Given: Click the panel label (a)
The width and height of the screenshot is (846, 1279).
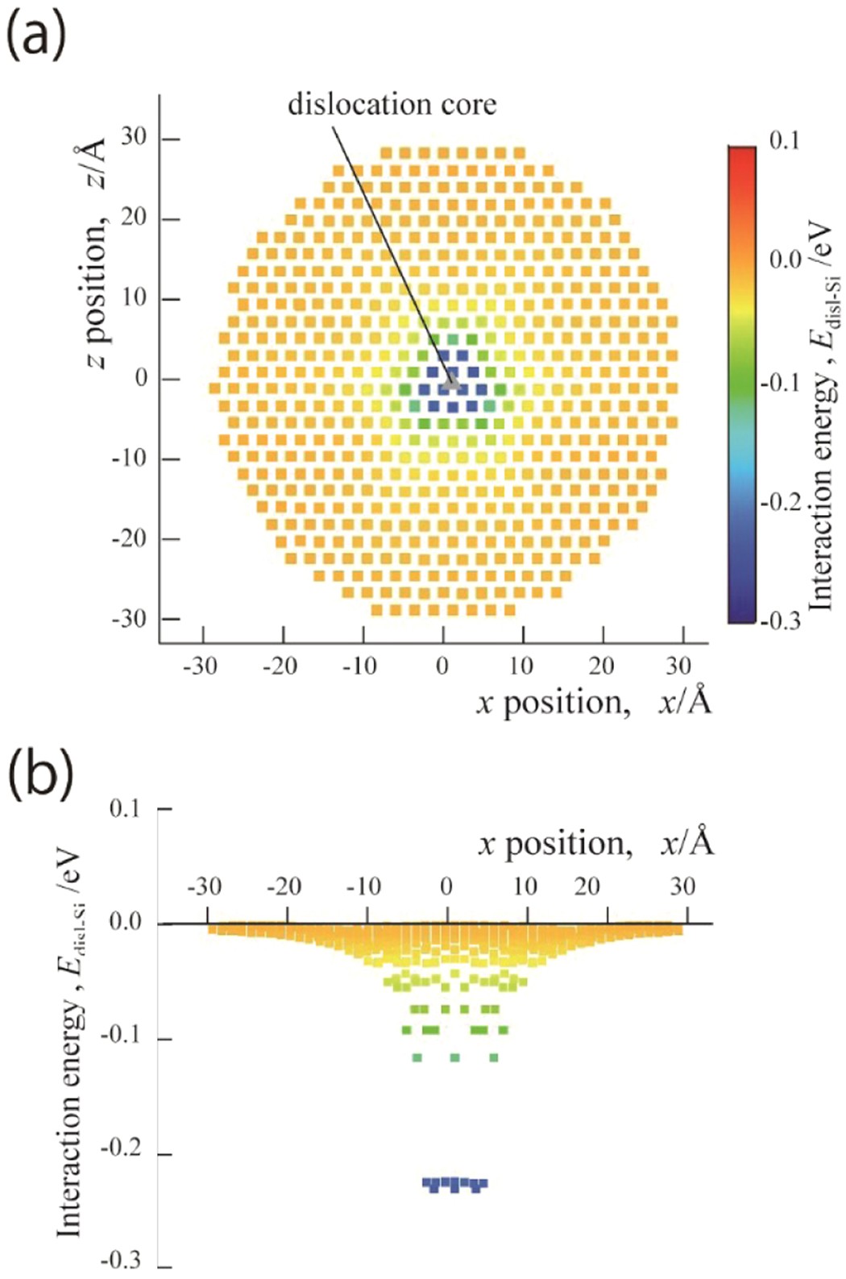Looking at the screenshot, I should (35, 37).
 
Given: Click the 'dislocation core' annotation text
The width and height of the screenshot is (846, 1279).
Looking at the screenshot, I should (392, 104).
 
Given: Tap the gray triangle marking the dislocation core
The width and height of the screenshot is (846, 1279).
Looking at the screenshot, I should (452, 384).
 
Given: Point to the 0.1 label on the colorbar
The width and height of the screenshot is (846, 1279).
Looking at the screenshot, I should (784, 140).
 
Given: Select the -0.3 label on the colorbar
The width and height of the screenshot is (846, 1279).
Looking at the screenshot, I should (781, 621).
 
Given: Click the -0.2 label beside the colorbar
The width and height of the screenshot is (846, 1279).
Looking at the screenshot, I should (781, 501).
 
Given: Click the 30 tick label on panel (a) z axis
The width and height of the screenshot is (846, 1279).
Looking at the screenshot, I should (134, 137).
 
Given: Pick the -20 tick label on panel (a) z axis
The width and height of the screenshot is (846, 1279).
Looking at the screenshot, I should (130, 538).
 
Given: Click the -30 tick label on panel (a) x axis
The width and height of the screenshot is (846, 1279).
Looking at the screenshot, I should (200, 666).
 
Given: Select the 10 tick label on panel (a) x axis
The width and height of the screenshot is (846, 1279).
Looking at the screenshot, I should (521, 666).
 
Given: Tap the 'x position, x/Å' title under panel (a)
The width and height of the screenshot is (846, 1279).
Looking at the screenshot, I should (595, 702).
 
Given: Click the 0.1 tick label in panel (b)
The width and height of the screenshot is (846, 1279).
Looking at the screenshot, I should (127, 808).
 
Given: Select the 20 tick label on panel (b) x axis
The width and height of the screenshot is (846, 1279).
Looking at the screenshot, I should (587, 887).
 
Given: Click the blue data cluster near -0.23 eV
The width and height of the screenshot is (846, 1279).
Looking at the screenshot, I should (455, 1184).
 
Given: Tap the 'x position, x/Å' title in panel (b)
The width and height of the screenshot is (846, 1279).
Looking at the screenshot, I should (596, 843).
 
